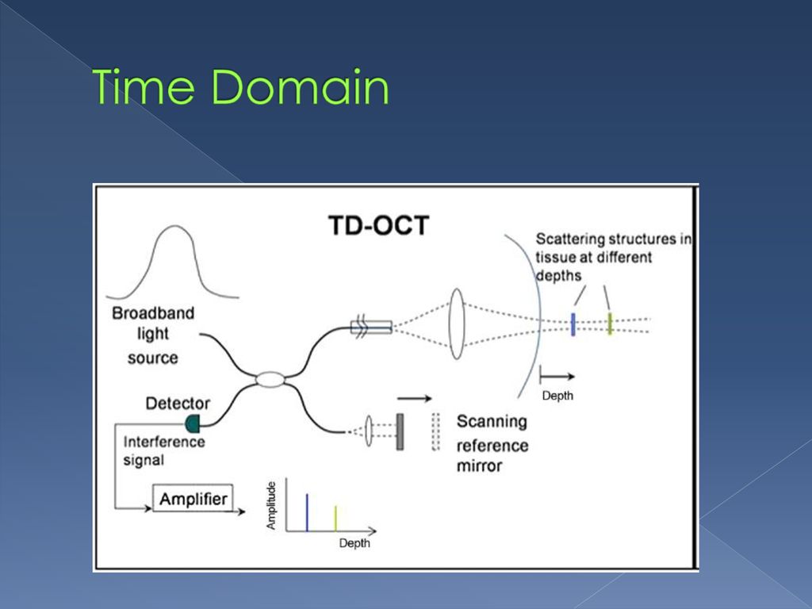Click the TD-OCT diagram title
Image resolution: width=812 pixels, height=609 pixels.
coord(378,225)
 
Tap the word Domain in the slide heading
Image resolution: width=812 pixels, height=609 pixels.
coord(301,86)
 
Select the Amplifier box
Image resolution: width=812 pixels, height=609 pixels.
coord(193,498)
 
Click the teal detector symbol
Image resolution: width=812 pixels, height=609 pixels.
coord(193,424)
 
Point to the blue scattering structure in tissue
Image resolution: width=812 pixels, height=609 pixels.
coord(573,324)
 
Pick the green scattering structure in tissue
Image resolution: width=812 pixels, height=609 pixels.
coord(610,324)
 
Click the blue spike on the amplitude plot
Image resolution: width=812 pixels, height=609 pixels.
coord(307,512)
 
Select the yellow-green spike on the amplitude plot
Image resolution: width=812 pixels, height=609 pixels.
coord(335,518)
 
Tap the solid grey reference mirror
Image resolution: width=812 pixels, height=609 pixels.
coord(400,431)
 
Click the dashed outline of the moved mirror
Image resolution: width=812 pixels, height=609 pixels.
coord(435,431)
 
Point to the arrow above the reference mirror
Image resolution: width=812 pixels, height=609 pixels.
coord(414,398)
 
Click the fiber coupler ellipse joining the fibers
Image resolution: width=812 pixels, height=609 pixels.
coord(270,380)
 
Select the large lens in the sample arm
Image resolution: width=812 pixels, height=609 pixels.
coord(456,324)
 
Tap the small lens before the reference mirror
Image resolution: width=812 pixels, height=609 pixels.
coord(369,431)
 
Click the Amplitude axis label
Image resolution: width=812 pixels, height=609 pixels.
coord(271,505)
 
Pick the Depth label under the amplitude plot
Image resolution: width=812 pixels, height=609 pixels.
coord(354,543)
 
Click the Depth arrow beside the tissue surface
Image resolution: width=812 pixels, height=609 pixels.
coord(557,376)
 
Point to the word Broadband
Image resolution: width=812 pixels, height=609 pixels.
coord(153,313)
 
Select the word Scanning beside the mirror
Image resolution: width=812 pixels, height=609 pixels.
coord(492,422)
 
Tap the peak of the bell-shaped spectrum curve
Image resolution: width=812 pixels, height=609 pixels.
coord(175,226)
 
